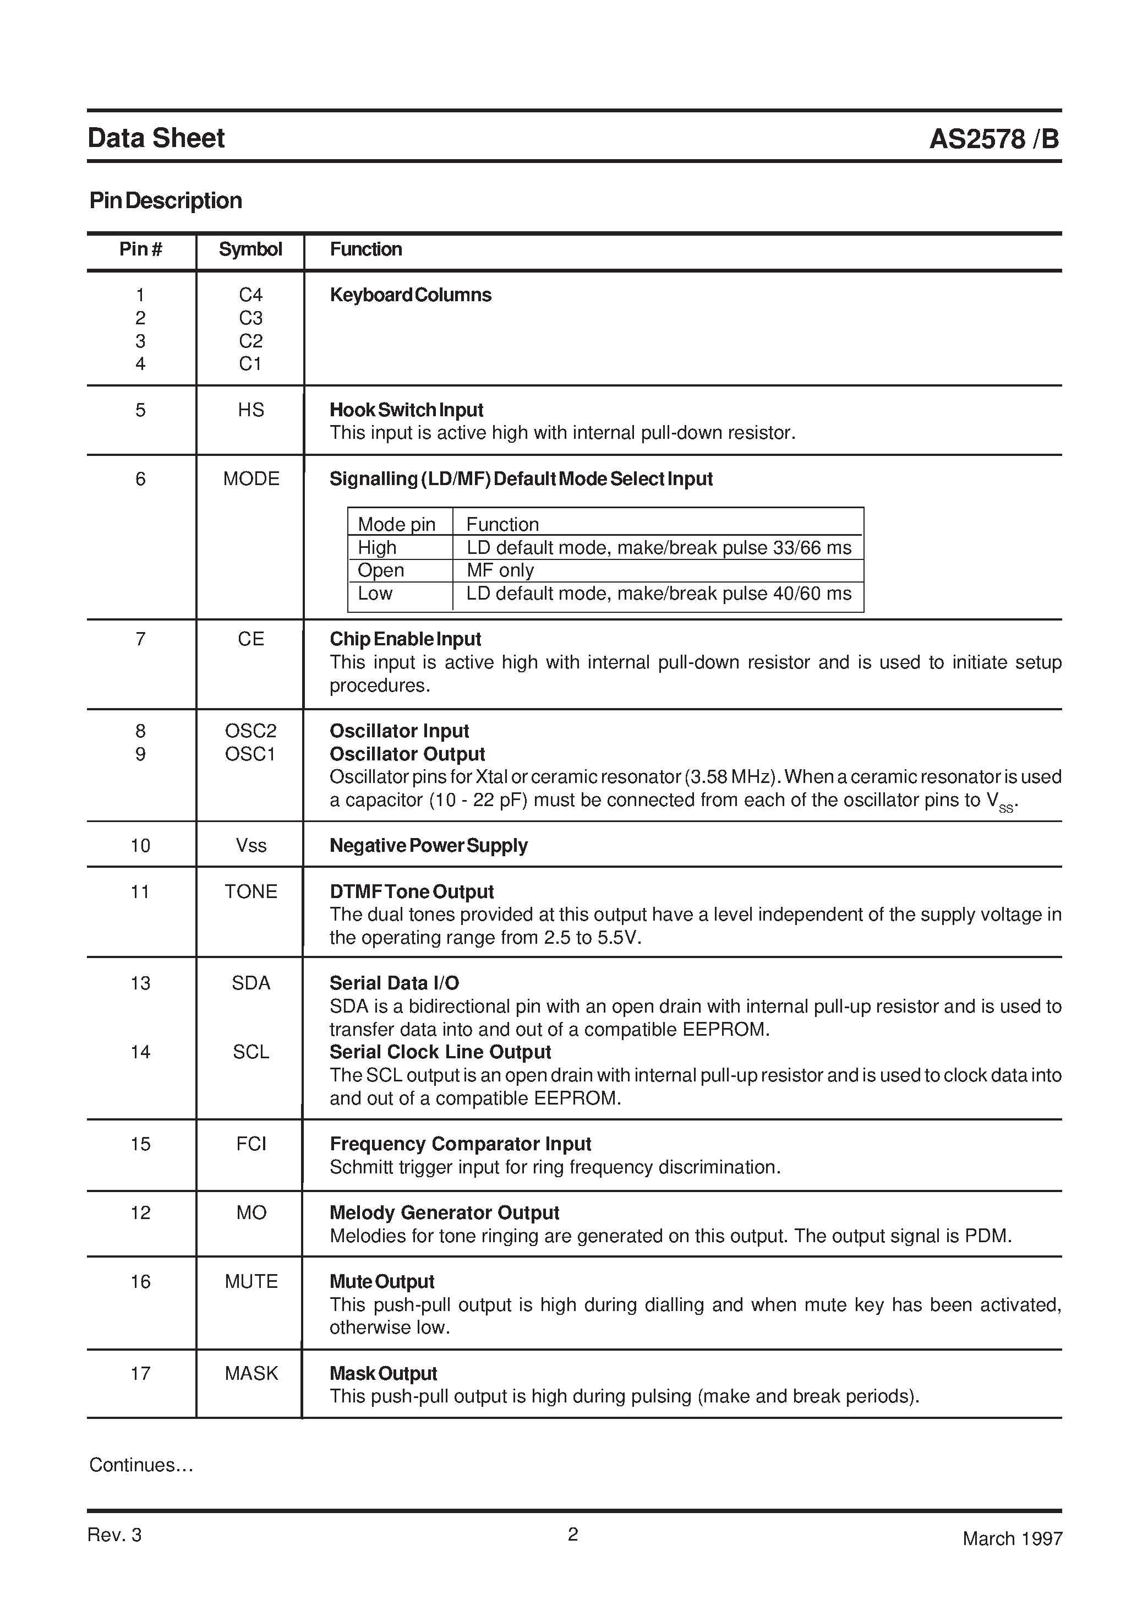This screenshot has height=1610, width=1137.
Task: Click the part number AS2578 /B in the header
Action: click(993, 139)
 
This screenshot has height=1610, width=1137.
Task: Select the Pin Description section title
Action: click(166, 202)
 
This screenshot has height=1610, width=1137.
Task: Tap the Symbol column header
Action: click(250, 249)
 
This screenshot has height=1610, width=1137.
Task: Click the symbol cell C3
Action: click(250, 318)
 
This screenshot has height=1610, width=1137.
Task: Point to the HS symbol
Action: click(250, 410)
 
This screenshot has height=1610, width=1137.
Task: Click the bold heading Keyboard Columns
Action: click(410, 295)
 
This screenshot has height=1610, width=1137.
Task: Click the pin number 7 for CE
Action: click(140, 639)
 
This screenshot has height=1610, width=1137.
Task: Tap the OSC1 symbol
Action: click(250, 754)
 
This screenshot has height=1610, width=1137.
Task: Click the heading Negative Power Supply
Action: click(428, 846)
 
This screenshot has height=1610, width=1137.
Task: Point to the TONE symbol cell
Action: click(250, 892)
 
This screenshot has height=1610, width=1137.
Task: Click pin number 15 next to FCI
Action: click(140, 1144)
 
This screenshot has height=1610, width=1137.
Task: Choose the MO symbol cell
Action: click(250, 1213)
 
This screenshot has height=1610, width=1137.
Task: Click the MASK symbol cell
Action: click(250, 1374)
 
